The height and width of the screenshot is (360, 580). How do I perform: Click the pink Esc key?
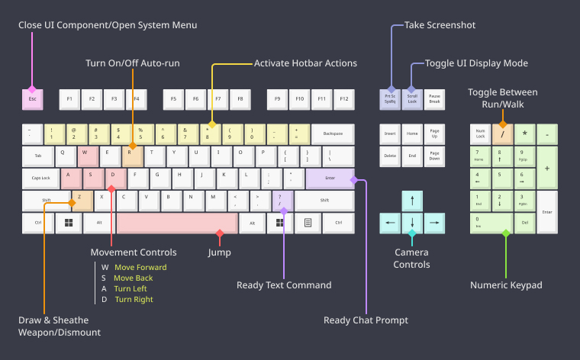coord(32,98)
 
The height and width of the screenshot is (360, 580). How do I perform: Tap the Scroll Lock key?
coord(412,98)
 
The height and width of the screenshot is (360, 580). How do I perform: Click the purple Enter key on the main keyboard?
coord(330,178)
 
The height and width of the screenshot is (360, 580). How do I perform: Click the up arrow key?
coord(412,201)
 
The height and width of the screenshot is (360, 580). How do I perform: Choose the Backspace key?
coord(333,134)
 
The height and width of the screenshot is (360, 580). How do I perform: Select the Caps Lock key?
coord(40,178)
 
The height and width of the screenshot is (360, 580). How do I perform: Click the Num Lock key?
coord(480,134)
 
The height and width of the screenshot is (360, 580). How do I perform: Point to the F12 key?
coord(344,98)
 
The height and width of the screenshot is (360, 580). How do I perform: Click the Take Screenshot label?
coord(440,25)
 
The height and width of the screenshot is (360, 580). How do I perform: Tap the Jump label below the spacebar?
coord(219,252)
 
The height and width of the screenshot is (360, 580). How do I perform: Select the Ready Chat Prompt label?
coord(366,320)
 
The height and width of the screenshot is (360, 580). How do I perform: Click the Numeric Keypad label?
coord(505,285)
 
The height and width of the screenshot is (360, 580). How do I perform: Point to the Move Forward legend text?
coord(140,267)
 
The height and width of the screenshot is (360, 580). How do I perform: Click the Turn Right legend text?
coord(134,300)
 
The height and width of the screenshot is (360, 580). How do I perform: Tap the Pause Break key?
coord(434,98)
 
